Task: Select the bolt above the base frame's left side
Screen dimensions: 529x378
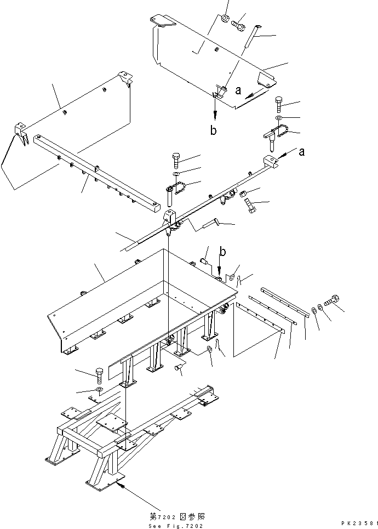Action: (99, 375)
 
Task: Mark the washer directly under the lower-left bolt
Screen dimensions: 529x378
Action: (99, 390)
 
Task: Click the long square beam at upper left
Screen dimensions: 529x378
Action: (96, 170)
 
